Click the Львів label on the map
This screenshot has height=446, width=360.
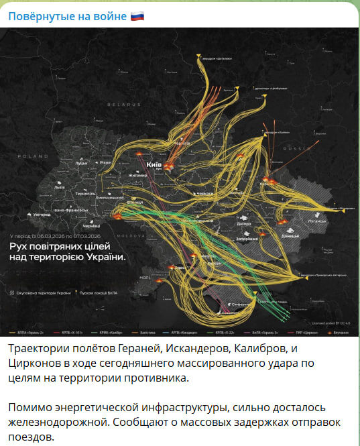(60, 187)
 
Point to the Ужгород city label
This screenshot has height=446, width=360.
(42, 214)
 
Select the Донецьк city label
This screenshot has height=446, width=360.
(291, 236)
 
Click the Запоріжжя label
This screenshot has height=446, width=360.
(247, 239)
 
